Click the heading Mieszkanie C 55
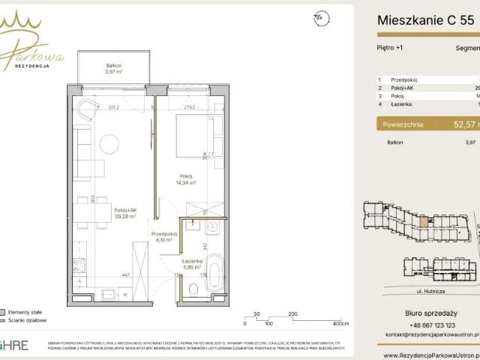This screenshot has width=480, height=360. click(424, 21)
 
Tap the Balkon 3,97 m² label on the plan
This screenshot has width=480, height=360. click(115, 68)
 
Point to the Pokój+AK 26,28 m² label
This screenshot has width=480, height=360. click(124, 214)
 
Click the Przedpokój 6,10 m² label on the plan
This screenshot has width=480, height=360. click(163, 236)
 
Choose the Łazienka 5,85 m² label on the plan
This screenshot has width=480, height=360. click(193, 264)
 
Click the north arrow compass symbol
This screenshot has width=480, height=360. click(321, 16)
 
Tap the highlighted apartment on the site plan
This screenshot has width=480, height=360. click(424, 220)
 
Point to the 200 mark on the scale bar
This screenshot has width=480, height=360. click(292, 314)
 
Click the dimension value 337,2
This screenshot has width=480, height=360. click(115, 106)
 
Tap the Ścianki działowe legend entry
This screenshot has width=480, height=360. click(28, 319)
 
